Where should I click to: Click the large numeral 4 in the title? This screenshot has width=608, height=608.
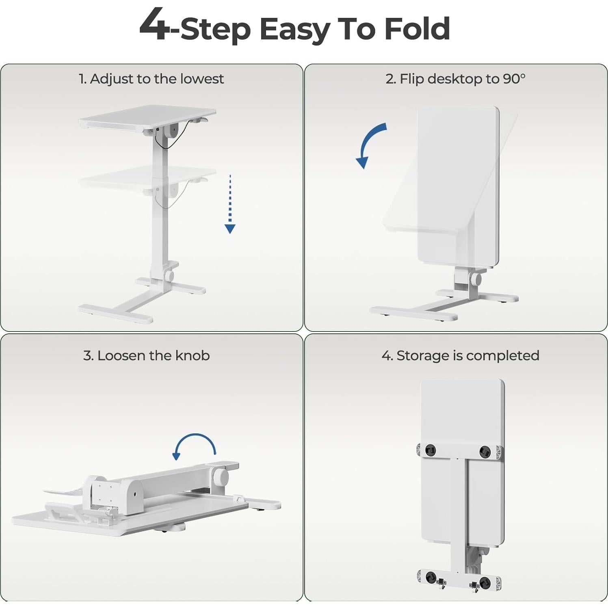point(154,25)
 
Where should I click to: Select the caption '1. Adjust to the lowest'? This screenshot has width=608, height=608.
point(151,79)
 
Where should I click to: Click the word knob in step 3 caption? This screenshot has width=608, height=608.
point(192,356)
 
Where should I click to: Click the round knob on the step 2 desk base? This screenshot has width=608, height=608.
point(476,279)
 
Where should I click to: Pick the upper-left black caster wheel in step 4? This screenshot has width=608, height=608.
point(430,450)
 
